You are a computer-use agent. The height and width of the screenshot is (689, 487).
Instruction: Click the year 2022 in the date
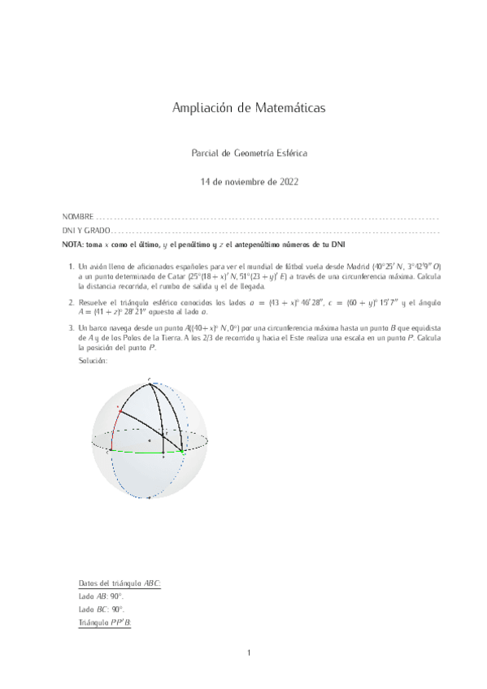point(289,182)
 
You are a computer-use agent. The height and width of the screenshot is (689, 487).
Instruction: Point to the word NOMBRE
point(77,218)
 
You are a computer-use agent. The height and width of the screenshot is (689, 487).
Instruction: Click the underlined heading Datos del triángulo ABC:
point(119,583)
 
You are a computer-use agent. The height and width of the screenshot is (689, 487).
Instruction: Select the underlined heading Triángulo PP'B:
point(104,621)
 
